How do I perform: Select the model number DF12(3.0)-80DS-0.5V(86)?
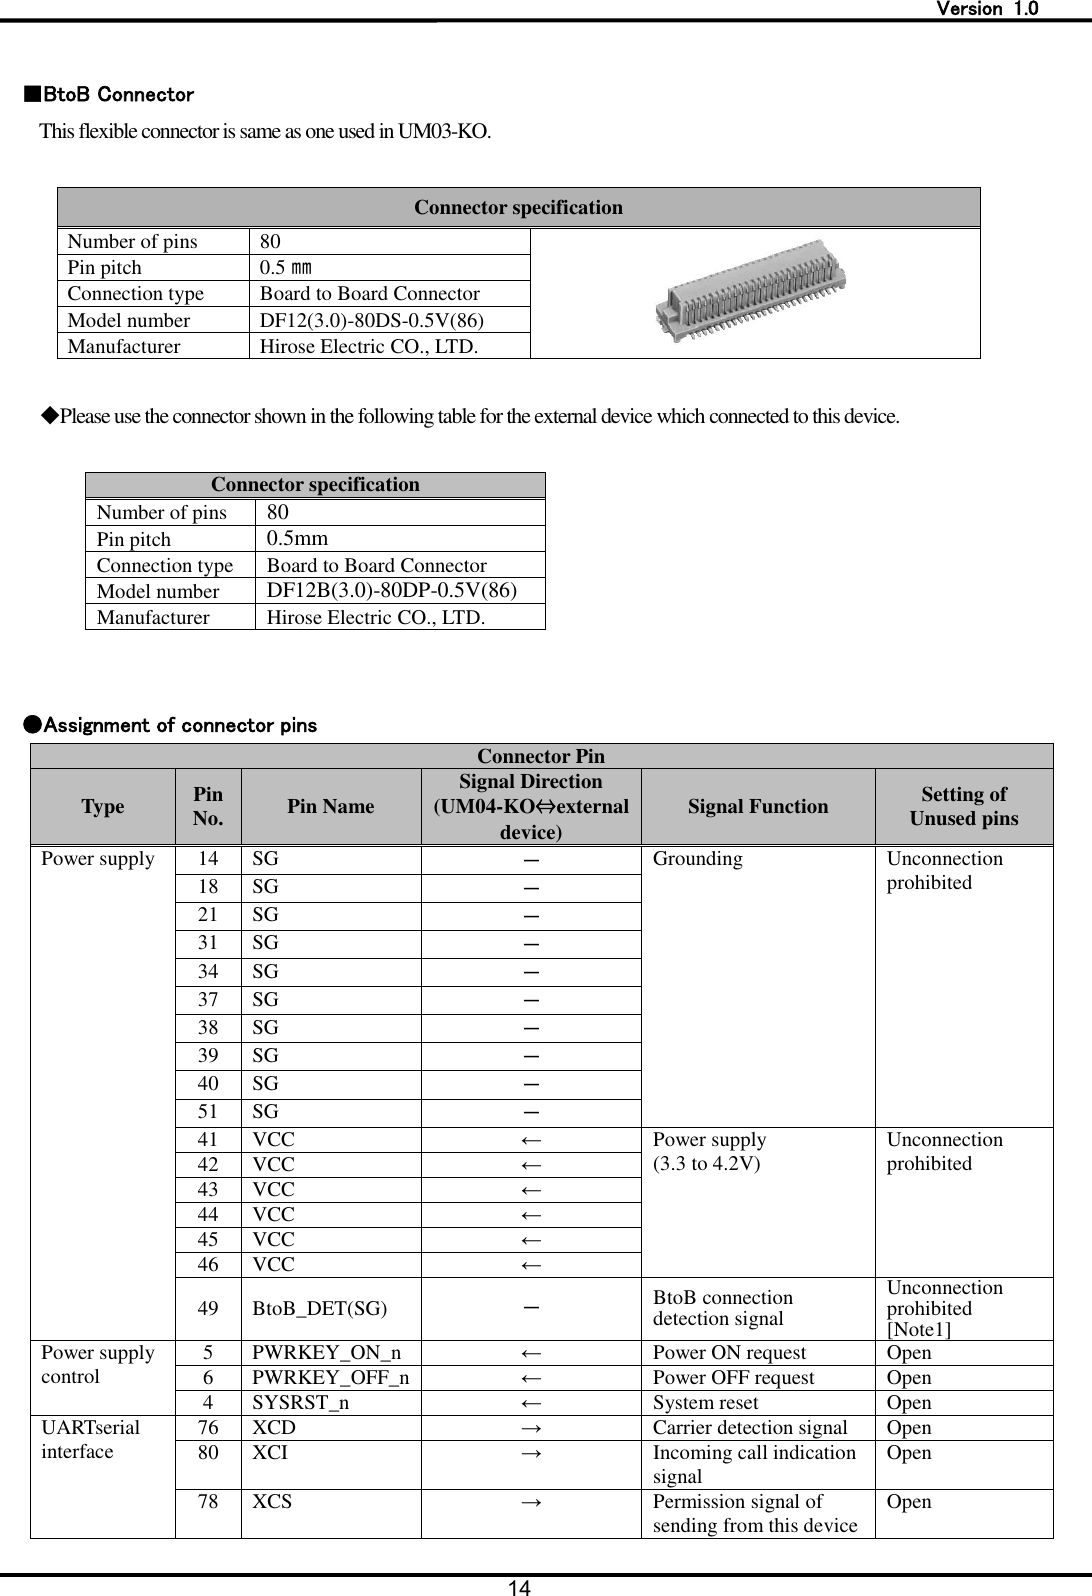pyautogui.click(x=372, y=320)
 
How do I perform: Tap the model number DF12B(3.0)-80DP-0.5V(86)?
pyautogui.click(x=391, y=590)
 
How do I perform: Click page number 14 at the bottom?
pyautogui.click(x=518, y=1587)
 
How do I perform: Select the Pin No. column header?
pyautogui.click(x=208, y=806)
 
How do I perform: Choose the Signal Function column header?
pyautogui.click(x=757, y=806)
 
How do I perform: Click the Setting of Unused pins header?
pyautogui.click(x=963, y=806)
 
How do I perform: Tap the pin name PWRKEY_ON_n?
pyautogui.click(x=326, y=1353)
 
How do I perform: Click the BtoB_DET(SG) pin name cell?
pyautogui.click(x=321, y=1308)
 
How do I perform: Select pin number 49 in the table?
pyautogui.click(x=208, y=1308)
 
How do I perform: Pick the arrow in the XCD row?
pyautogui.click(x=531, y=1428)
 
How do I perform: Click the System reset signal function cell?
pyautogui.click(x=705, y=1403)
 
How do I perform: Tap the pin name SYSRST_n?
pyautogui.click(x=301, y=1403)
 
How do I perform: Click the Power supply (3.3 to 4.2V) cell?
pyautogui.click(x=709, y=1152)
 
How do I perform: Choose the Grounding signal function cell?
pyautogui.click(x=697, y=859)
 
